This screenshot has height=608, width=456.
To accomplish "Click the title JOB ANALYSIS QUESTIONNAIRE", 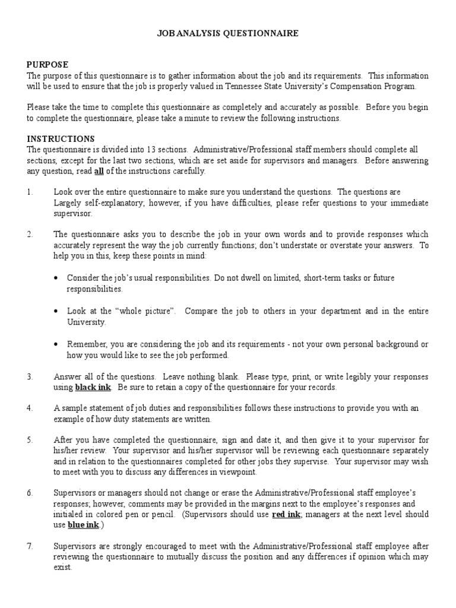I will point(227,34).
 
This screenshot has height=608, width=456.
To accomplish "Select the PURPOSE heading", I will point(47,64).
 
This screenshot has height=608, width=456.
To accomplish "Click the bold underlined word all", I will point(100,171).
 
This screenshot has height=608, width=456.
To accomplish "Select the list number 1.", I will point(30,192).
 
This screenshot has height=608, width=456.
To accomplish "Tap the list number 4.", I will point(30,408).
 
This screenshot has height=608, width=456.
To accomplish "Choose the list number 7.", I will point(30,546).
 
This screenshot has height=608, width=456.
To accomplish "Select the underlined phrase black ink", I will point(92,388).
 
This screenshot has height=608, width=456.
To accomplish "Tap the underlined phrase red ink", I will point(287,514).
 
